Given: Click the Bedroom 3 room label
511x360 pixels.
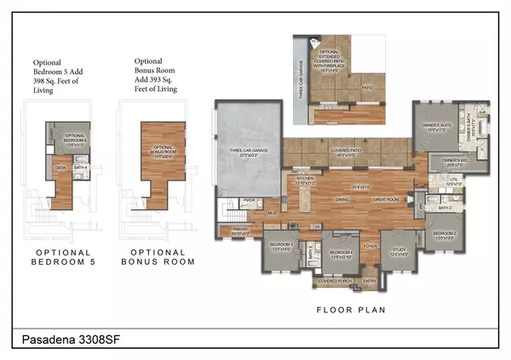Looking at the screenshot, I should (281, 246).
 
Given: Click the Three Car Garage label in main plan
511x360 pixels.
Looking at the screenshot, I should (250, 151).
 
